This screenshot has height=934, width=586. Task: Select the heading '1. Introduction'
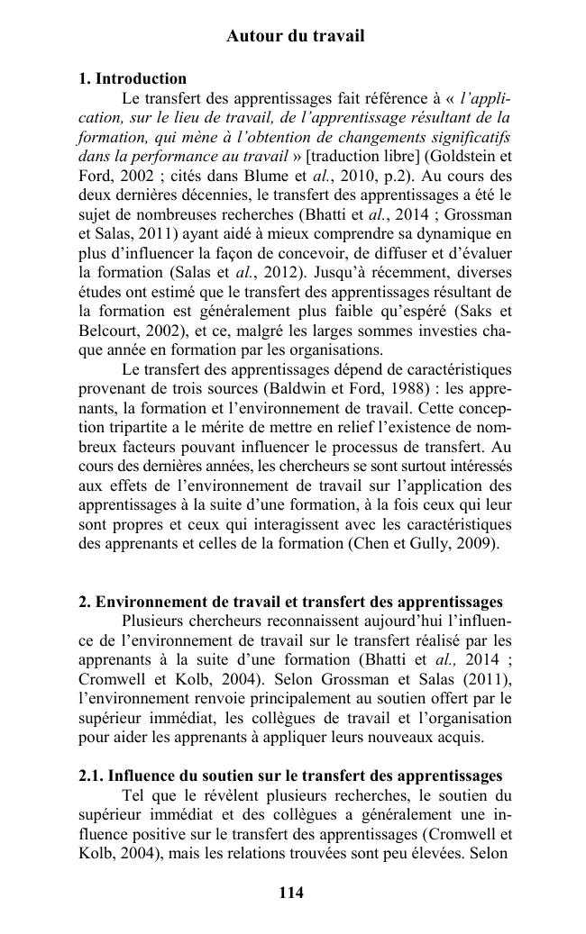(133, 78)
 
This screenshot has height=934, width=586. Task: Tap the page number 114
(291, 893)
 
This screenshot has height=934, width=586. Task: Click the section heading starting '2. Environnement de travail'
(290, 602)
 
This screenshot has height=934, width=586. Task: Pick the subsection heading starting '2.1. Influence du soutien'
(290, 775)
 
